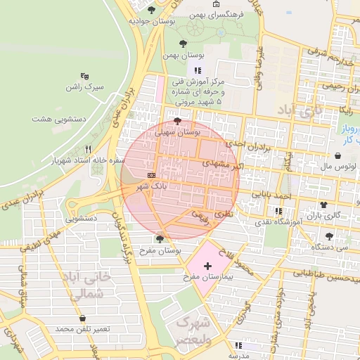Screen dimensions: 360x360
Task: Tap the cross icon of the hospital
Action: [207, 266]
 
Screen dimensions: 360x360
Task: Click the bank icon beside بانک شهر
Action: [151, 174]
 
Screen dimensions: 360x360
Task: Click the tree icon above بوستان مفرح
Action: [162, 238]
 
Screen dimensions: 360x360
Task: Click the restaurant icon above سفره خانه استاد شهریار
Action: [88, 148]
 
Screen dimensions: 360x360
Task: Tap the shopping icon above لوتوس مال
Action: [329, 156]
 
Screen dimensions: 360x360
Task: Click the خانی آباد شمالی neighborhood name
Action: [86, 285]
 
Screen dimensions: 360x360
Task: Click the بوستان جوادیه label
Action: [151, 21]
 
